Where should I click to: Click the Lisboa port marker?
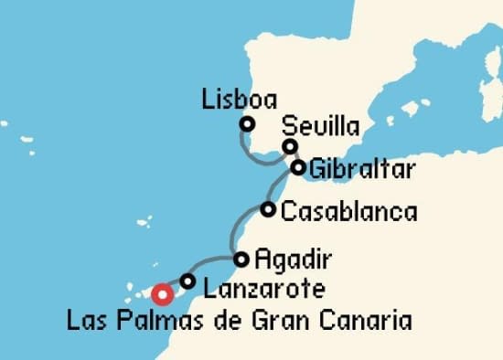(x=246, y=125)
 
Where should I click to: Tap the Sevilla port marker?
(x=290, y=147)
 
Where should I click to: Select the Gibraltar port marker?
(x=298, y=167)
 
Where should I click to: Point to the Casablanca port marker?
(x=268, y=209)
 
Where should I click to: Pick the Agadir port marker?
(x=241, y=259)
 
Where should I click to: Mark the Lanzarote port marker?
(x=187, y=281)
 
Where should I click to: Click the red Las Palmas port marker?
(x=162, y=294)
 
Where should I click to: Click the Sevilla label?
(x=321, y=126)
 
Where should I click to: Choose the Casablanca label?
(x=348, y=212)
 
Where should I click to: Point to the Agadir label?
(x=294, y=259)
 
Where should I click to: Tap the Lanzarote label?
(x=263, y=291)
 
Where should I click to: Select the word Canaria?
(x=367, y=322)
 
